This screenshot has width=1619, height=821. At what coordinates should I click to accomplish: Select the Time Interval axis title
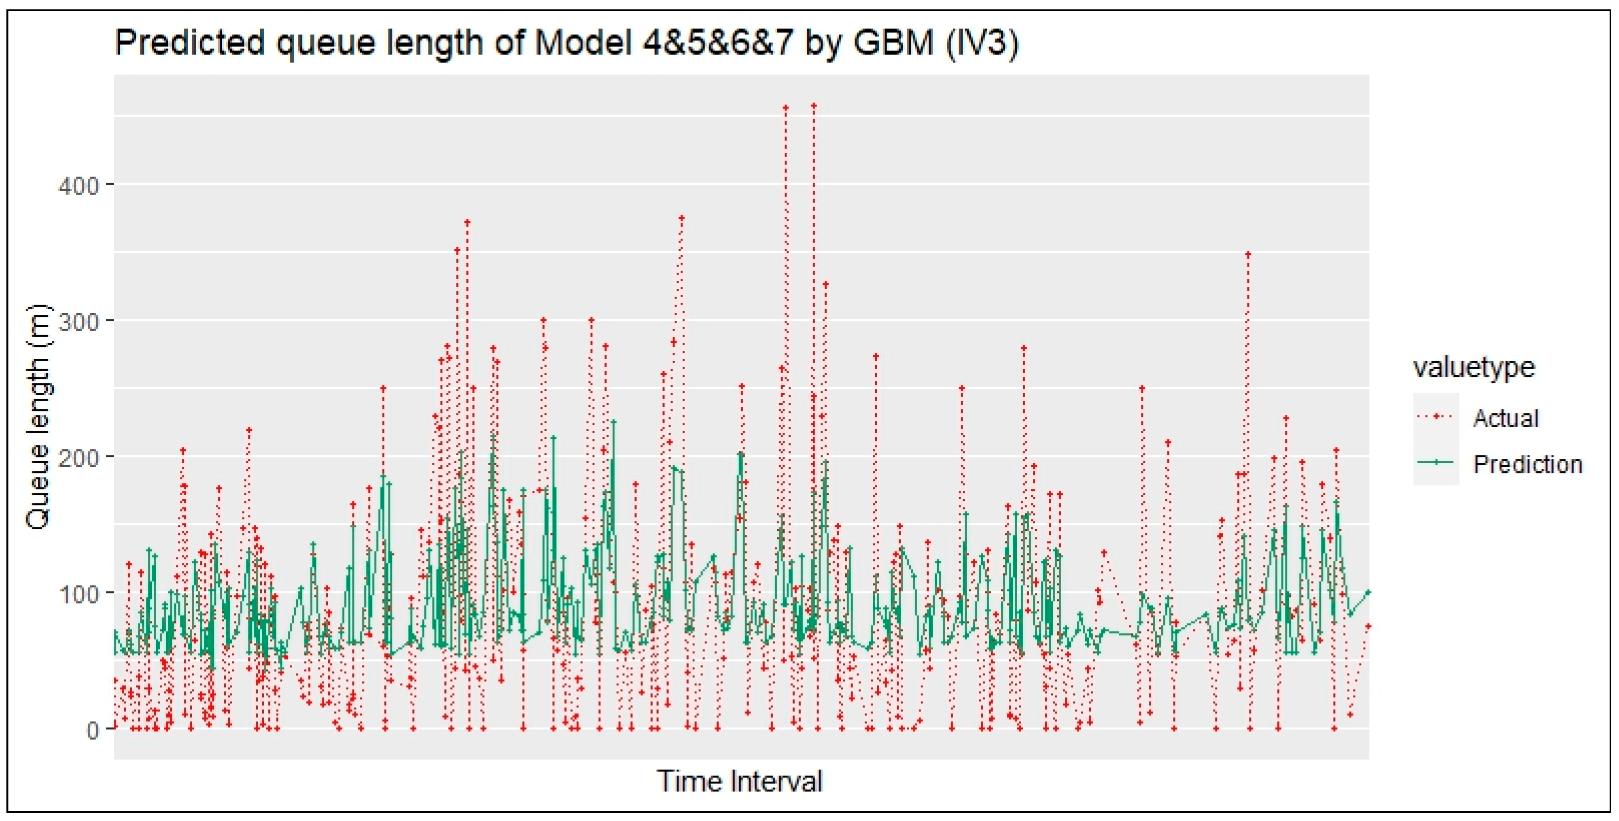click(x=740, y=782)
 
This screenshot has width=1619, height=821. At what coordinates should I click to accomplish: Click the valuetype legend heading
click(x=1474, y=367)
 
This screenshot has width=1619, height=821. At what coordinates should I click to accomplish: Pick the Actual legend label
click(x=1506, y=418)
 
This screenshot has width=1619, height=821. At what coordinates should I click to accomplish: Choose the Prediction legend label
click(x=1527, y=464)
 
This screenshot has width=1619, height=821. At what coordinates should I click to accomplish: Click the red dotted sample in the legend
click(x=1436, y=417)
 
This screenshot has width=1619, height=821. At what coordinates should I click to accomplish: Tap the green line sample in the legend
click(x=1436, y=463)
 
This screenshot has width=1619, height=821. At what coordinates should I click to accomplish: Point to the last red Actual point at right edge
click(x=1368, y=627)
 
